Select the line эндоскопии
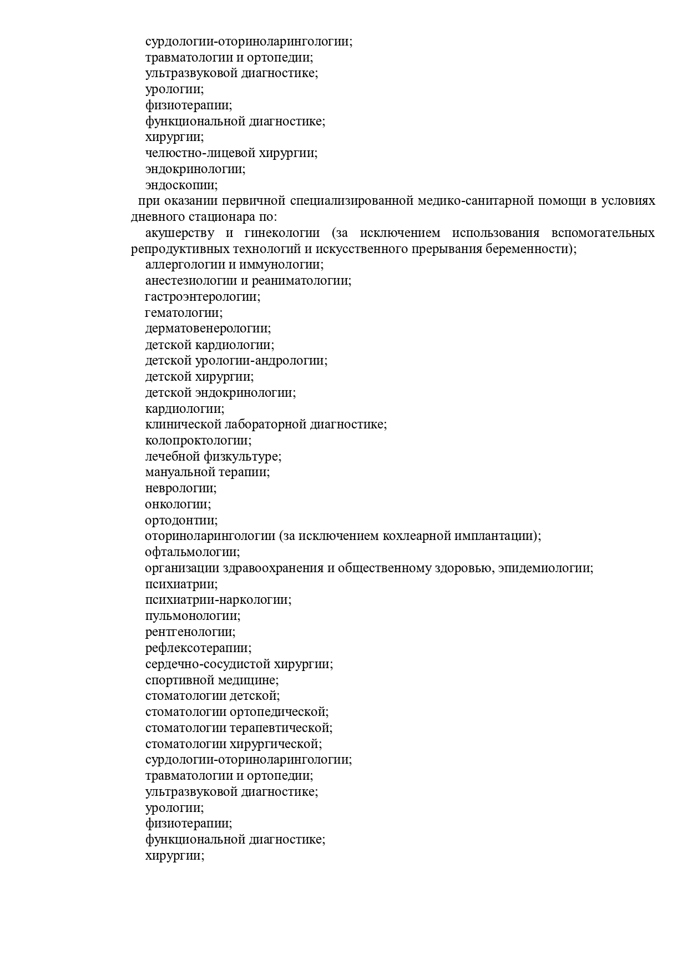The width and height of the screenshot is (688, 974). [181, 185]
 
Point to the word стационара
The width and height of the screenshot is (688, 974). [216, 217]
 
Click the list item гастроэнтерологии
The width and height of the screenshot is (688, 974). [203, 297]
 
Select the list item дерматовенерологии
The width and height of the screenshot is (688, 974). [208, 329]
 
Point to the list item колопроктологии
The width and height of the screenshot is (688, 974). [198, 441]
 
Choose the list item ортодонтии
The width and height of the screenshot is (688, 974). [181, 521]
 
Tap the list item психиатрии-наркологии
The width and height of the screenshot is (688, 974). [218, 600]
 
